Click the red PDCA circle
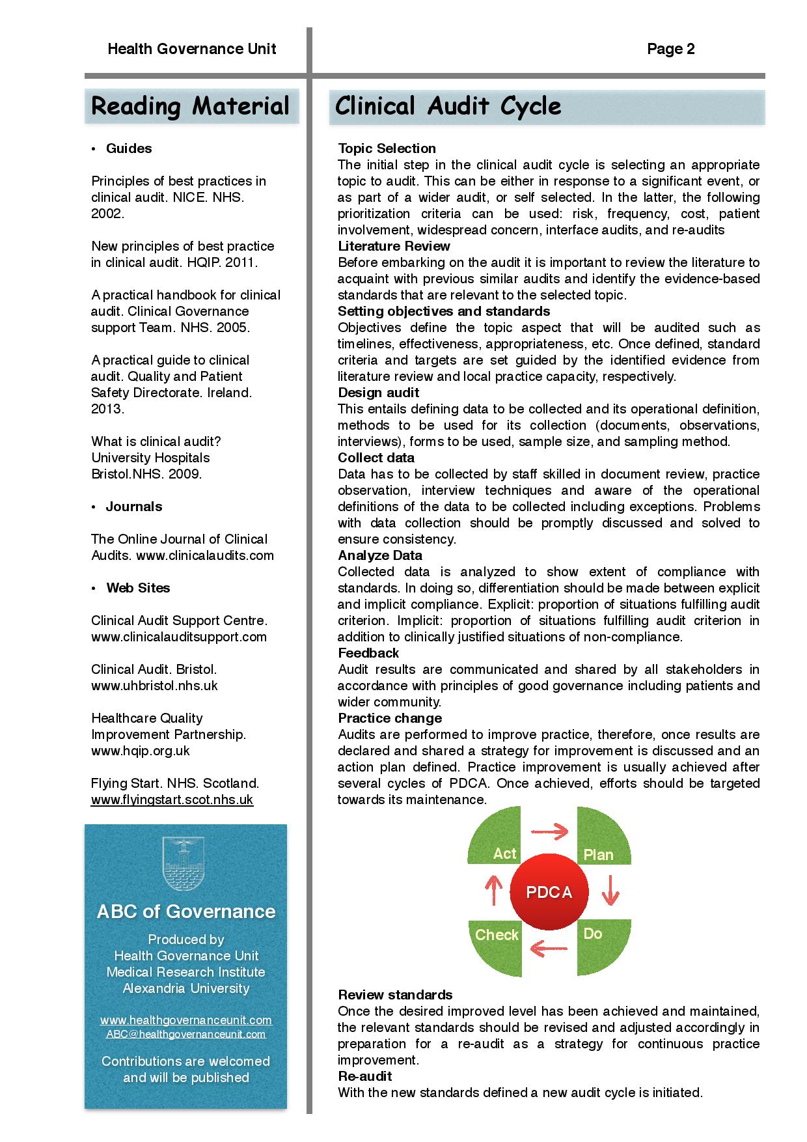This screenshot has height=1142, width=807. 549,892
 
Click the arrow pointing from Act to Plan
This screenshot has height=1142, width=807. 550,831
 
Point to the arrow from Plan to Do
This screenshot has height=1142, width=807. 610,890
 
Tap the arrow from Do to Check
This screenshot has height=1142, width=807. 549,949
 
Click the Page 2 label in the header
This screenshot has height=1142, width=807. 670,49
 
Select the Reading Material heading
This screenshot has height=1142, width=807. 191,106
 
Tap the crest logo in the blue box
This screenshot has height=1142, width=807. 186,864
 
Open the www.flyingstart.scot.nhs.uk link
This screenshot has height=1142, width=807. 172,800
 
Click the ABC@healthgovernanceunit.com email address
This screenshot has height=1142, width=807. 186,1034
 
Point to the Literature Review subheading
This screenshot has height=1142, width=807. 394,246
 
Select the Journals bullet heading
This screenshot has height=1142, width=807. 133,507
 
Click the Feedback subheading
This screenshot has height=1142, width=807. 368,653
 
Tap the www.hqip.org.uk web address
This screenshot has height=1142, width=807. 141,751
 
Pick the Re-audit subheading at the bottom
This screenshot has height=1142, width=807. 364,1076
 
